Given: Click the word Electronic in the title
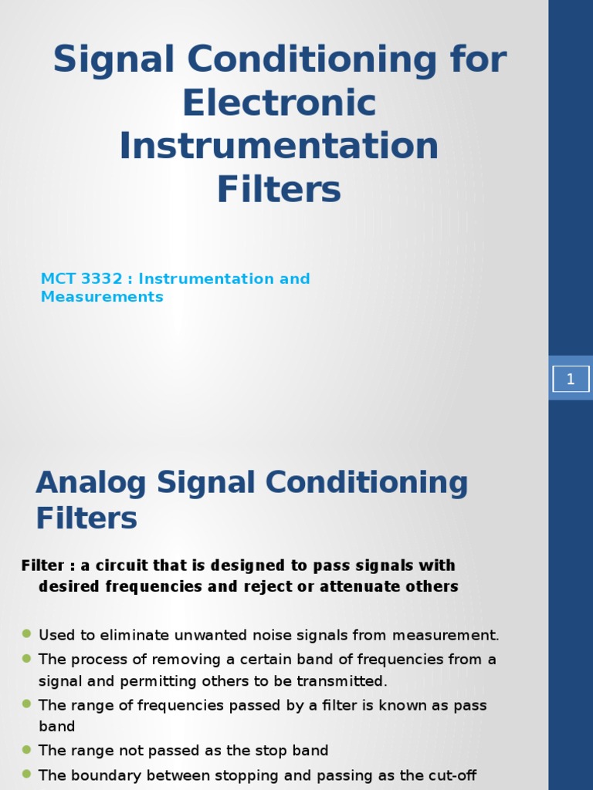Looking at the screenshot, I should tap(279, 103).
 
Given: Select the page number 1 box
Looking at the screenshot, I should tap(571, 379).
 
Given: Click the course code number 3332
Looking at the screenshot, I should tap(102, 279).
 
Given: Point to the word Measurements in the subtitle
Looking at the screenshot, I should tap(102, 297).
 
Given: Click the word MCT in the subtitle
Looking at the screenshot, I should tap(58, 279).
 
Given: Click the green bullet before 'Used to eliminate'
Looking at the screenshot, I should tap(26, 634).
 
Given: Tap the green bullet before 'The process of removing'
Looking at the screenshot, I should tap(26, 658).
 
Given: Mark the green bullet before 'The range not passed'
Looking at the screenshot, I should tap(26, 749).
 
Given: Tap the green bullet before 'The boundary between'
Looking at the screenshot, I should tap(26, 774).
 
